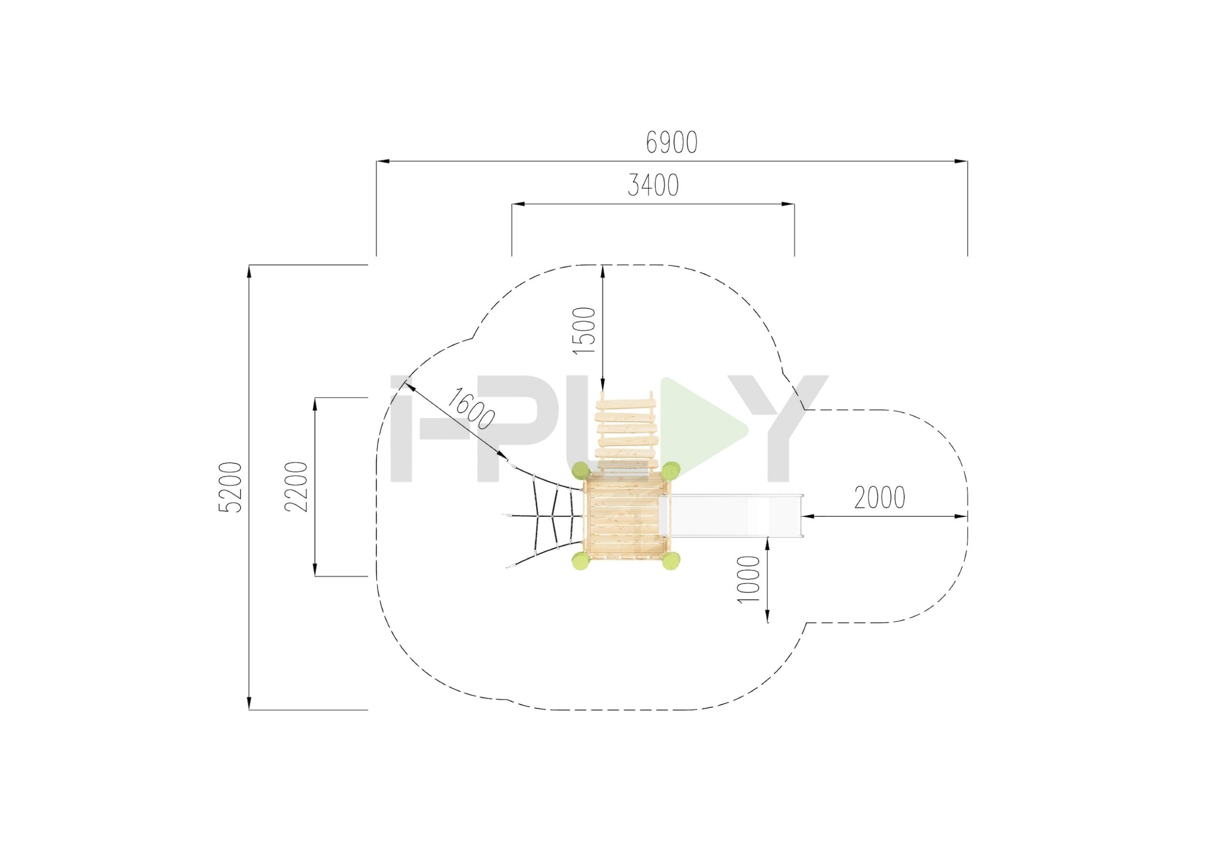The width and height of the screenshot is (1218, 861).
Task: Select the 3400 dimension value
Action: pyautogui.click(x=653, y=185)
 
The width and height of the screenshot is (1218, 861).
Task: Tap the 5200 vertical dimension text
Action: pyautogui.click(x=230, y=487)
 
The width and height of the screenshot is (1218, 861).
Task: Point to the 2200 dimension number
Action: pyautogui.click(x=296, y=487)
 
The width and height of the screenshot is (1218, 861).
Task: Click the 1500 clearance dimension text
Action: pyautogui.click(x=585, y=331)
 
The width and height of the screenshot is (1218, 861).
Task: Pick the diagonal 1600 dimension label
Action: pyautogui.click(x=471, y=409)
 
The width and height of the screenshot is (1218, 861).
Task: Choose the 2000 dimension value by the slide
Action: pyautogui.click(x=880, y=498)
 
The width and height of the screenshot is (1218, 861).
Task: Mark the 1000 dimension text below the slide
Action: pyautogui.click(x=749, y=579)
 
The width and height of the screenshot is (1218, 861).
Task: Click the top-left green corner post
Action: pyautogui.click(x=580, y=470)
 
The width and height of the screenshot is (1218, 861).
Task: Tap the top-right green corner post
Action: pyautogui.click(x=670, y=470)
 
